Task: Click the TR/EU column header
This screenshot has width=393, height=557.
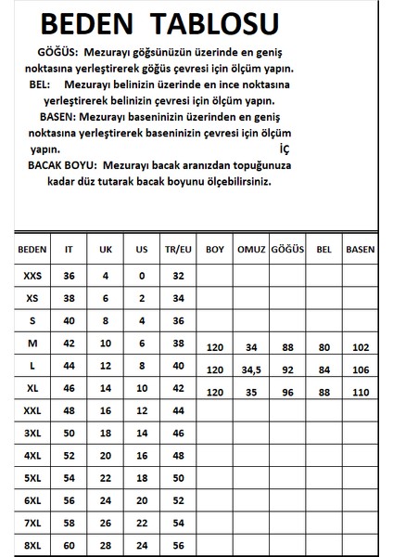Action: tap(178, 251)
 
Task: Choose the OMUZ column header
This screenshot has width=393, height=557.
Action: tap(252, 251)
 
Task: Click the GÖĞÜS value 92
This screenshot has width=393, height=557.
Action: tap(287, 369)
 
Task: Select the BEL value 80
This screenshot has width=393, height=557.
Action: tap(323, 348)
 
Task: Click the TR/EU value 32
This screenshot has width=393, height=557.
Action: tap(178, 276)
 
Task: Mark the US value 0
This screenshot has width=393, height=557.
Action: tap(142, 276)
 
